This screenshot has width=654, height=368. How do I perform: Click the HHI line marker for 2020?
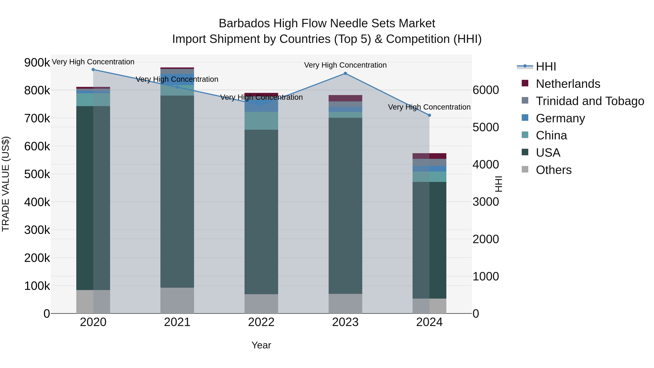93,70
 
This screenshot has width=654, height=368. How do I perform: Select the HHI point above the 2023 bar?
345,73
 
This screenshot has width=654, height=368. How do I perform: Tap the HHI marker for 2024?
429,115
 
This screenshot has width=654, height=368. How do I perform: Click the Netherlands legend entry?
568,84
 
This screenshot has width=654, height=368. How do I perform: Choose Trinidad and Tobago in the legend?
590,101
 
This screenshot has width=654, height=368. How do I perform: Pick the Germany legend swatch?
525,118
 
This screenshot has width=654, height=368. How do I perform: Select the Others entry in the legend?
554,170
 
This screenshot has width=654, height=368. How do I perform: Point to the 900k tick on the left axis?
37,63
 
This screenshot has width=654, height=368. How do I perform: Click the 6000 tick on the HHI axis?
485,90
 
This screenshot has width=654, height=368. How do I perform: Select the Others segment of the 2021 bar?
177,300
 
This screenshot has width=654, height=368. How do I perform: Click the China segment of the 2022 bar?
261,121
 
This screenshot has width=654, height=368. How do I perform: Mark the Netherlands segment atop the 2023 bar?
345,98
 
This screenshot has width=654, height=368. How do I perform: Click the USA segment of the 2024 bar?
429,240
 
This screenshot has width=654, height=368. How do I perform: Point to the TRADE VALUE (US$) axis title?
6,184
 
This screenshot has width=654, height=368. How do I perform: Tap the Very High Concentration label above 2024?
429,107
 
